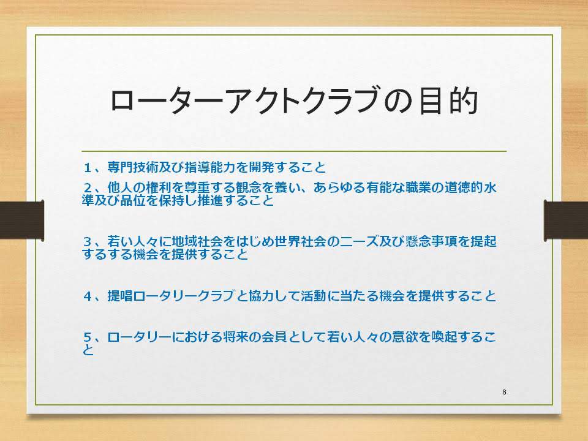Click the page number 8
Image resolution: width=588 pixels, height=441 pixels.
[504, 392]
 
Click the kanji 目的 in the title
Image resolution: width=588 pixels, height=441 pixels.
[448, 101]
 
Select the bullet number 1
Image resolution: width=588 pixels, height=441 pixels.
[88, 168]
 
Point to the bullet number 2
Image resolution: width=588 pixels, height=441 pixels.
[88, 187]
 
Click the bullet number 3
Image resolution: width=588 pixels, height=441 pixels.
[88, 241]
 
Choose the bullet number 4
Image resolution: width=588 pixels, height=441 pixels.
[88, 296]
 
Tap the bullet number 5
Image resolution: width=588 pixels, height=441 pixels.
[88, 337]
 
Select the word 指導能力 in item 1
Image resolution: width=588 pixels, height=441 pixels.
[210, 167]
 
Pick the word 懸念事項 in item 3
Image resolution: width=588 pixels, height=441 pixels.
[432, 241]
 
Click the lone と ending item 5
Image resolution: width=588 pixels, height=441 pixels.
[88, 350]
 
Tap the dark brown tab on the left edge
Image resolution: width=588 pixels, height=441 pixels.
[22, 221]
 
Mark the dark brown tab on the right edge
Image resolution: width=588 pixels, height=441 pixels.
[566, 221]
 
